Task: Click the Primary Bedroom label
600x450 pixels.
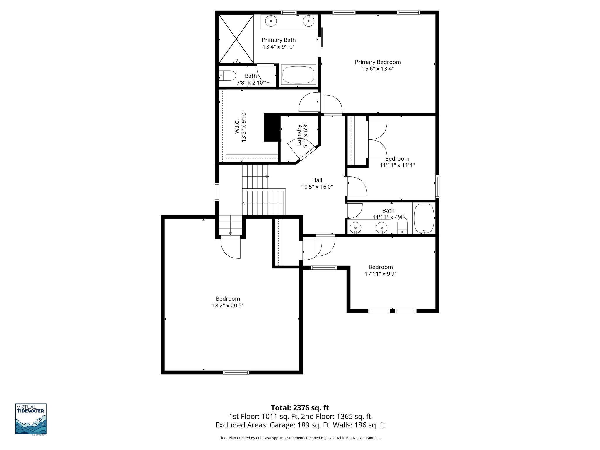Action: pyautogui.click(x=378, y=62)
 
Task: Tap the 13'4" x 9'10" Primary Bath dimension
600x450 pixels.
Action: pyautogui.click(x=279, y=47)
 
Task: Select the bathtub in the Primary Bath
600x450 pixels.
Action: pyautogui.click(x=298, y=75)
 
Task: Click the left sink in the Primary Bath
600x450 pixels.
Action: pyautogui.click(x=271, y=21)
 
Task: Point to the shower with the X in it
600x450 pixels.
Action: pyautogui.click(x=236, y=39)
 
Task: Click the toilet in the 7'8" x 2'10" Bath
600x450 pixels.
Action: pyautogui.click(x=228, y=76)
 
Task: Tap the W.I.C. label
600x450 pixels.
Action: pyautogui.click(x=237, y=126)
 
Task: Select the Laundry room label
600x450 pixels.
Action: pyautogui.click(x=299, y=135)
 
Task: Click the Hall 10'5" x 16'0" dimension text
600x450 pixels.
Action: pyautogui.click(x=317, y=187)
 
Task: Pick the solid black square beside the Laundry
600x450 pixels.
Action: pyautogui.click(x=272, y=127)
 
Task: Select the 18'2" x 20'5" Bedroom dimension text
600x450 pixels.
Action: pyautogui.click(x=228, y=306)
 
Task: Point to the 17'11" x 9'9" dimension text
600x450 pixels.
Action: pyautogui.click(x=381, y=274)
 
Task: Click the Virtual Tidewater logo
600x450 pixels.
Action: pyautogui.click(x=31, y=419)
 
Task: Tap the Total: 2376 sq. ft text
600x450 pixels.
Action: pyautogui.click(x=300, y=408)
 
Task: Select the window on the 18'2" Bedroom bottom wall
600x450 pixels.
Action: pyautogui.click(x=236, y=373)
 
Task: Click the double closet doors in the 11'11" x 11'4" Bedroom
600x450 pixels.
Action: pyautogui.click(x=377, y=139)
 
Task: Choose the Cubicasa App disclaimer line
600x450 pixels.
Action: pyautogui.click(x=300, y=438)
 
